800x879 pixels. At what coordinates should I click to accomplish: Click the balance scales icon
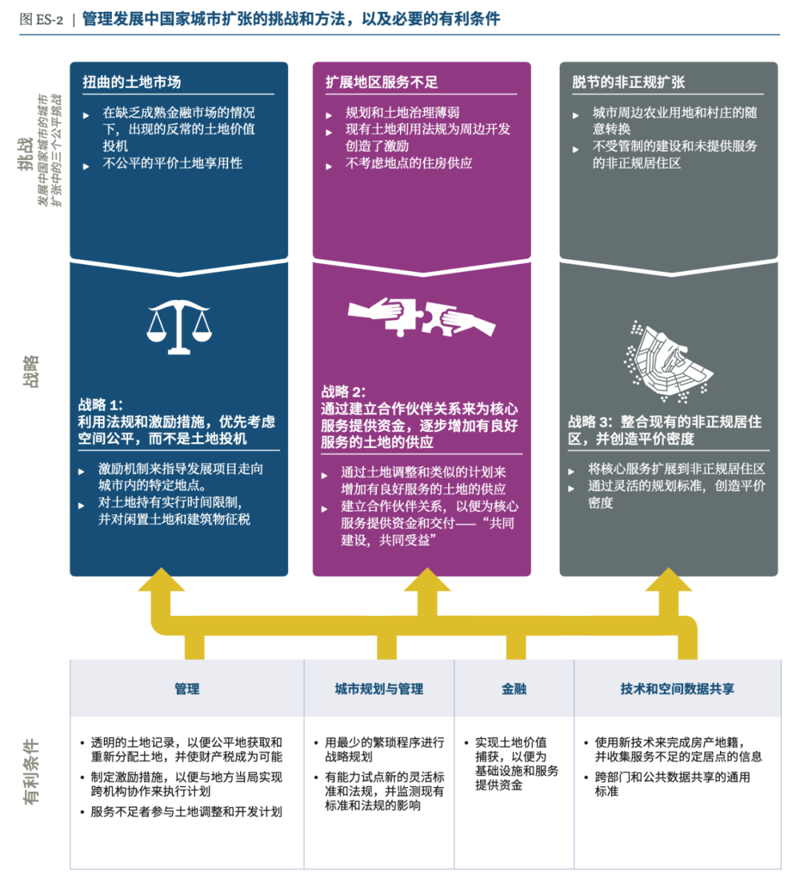point(179,326)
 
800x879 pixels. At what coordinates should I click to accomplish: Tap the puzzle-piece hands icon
point(421,317)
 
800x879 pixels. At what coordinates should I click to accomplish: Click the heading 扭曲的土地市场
point(132,81)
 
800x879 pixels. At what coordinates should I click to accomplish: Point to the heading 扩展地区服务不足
point(381,81)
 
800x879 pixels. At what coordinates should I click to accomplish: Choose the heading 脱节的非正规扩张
point(628,81)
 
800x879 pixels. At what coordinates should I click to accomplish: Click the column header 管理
point(187,689)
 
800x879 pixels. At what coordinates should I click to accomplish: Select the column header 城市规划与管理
point(379,689)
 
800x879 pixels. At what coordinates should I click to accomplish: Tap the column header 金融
point(514,689)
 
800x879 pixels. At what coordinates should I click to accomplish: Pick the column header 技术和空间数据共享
point(677,689)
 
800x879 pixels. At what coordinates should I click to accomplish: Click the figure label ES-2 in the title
point(50,19)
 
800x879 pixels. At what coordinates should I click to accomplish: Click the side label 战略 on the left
point(30,371)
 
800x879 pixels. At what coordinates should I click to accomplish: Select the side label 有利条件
point(30,771)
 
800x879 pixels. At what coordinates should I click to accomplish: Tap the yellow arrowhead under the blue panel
point(161,581)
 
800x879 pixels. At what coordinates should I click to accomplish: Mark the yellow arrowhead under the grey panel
point(669,581)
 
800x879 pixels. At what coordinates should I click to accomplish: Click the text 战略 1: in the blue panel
point(101,404)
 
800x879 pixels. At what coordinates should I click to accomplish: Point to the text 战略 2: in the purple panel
point(343,392)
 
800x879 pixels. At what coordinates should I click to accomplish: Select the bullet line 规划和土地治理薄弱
point(402,113)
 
